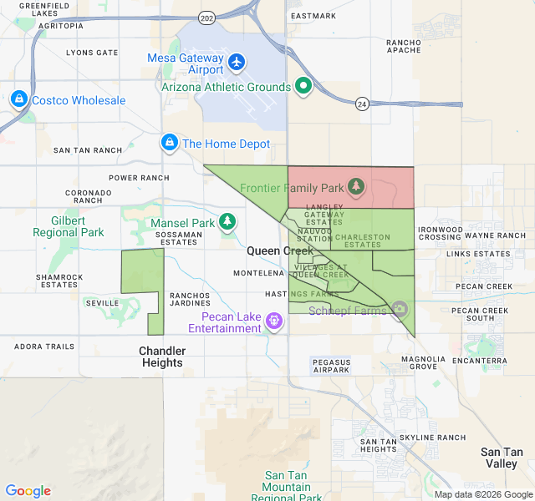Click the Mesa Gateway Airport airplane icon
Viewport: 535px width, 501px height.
pos(237,63)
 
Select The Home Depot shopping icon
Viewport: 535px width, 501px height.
pos(170,144)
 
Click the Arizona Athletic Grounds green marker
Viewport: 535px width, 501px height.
pos(303,86)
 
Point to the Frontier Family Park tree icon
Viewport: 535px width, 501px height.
pos(357,185)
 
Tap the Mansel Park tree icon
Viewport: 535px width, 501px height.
pos(227,222)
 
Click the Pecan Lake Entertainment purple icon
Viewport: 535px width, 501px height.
pos(273,321)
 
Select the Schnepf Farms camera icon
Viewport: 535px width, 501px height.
pos(400,310)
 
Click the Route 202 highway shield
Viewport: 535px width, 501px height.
pos(206,17)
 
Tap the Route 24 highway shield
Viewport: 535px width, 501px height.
pos(361,104)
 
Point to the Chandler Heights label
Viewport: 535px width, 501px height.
pos(162,357)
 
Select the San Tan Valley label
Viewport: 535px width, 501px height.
pos(502,458)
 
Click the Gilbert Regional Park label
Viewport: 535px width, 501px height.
pos(69,226)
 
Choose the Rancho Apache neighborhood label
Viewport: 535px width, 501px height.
pos(404,46)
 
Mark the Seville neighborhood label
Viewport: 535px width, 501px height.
pos(101,302)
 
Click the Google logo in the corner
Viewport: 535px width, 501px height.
pos(28,491)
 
